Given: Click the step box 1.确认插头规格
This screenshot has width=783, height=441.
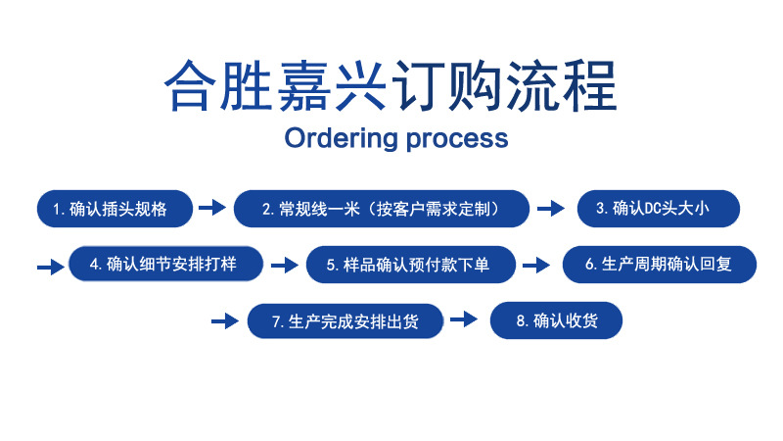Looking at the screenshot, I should (111, 209).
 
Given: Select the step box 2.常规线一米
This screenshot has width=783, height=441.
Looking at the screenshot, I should (381, 209).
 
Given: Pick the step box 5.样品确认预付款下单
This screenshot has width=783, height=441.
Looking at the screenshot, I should (410, 265).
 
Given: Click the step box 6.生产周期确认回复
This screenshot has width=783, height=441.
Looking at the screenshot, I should (659, 265).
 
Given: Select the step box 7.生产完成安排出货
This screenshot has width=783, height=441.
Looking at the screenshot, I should (345, 320).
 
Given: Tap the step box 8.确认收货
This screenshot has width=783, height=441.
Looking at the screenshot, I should (556, 320).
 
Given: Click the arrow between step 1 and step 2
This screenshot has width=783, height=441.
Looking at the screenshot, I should (211, 208).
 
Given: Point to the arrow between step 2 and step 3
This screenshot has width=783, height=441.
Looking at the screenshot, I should (551, 209).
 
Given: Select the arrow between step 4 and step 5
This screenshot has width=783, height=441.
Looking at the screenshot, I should (284, 266).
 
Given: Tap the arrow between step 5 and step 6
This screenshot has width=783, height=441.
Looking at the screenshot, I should (536, 266).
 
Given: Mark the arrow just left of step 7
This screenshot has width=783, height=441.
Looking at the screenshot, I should (225, 321).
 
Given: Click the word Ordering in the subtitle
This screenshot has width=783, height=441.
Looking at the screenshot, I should (337, 138).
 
